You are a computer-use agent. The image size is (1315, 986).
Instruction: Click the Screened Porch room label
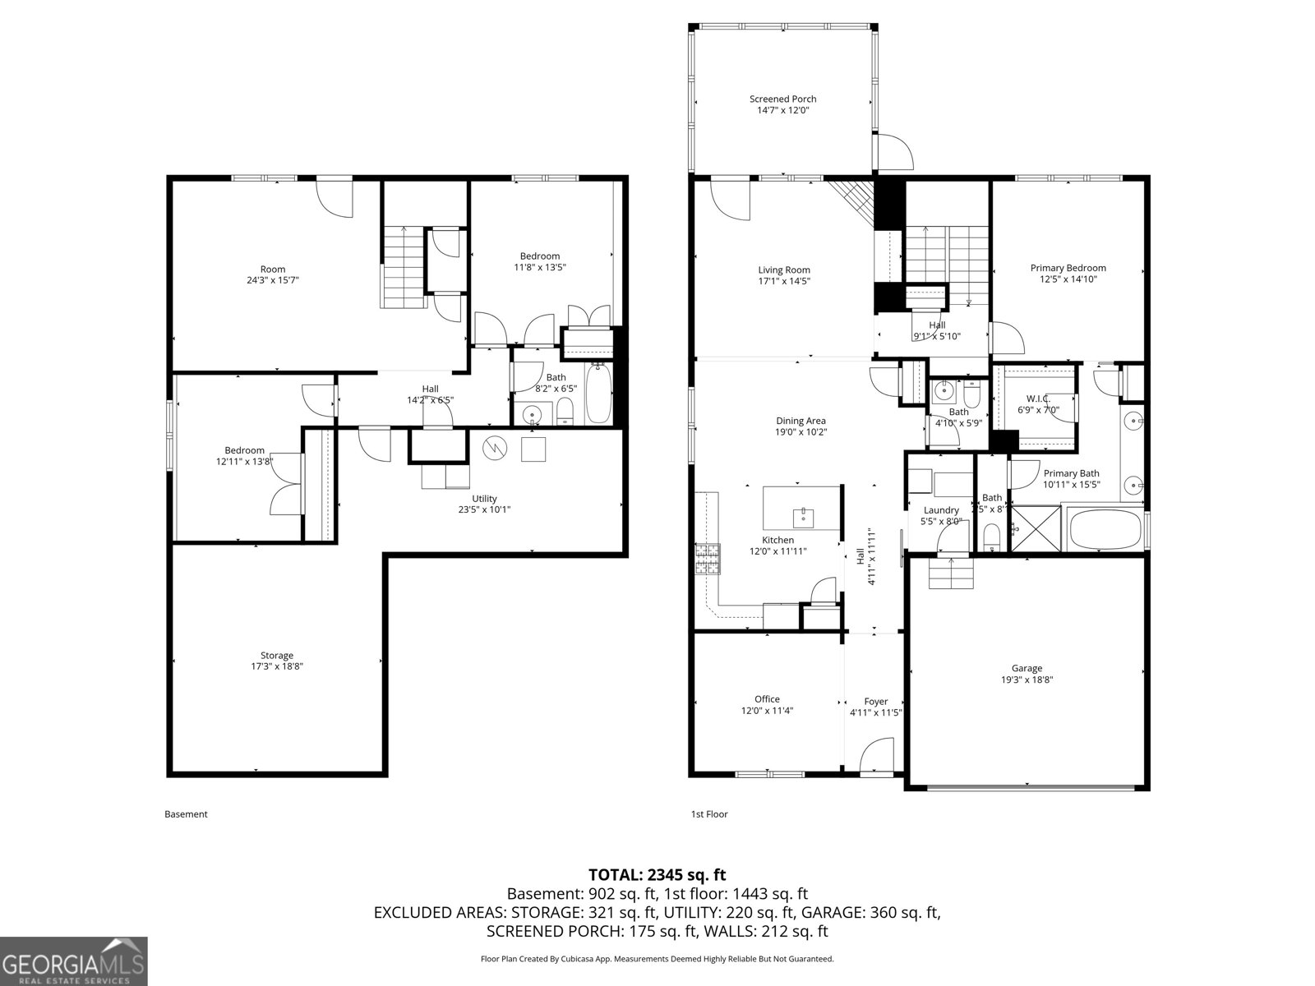(x=782, y=99)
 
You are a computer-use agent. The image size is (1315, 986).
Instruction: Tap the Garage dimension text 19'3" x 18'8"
(x=1027, y=680)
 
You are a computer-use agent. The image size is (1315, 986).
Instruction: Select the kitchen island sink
(x=802, y=517)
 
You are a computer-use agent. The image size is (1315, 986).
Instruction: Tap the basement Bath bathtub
(x=598, y=394)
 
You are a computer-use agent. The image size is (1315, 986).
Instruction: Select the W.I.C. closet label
(x=1038, y=398)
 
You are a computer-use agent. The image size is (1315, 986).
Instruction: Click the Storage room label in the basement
(x=277, y=655)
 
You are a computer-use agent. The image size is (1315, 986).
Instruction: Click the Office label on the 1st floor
(x=767, y=699)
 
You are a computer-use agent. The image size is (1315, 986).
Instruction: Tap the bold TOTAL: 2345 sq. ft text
(x=657, y=875)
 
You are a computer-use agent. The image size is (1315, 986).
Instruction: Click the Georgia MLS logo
(x=74, y=961)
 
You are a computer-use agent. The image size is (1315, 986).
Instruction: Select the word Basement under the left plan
(x=186, y=814)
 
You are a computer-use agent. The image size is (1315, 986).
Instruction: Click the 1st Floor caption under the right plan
(x=708, y=814)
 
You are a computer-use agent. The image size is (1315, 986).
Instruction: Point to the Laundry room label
(x=940, y=510)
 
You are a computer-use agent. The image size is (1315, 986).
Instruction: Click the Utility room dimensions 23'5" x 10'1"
(x=484, y=509)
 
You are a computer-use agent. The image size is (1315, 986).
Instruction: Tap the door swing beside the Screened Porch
(x=893, y=152)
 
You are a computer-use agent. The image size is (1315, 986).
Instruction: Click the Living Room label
(x=783, y=270)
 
